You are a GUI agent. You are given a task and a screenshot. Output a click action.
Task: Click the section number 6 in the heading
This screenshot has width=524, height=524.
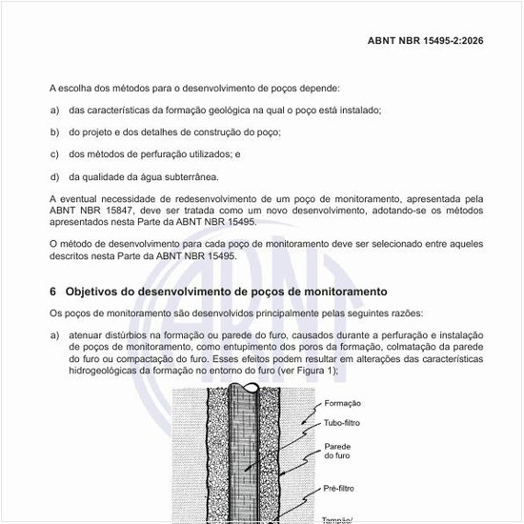[52, 291]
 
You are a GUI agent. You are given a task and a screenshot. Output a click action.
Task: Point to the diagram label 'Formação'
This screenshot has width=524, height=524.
[343, 403]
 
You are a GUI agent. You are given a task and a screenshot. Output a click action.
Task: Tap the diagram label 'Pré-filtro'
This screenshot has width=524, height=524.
[340, 488]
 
